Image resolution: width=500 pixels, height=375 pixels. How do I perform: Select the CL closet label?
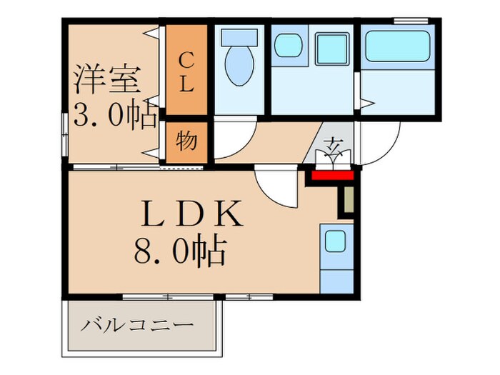(186, 71)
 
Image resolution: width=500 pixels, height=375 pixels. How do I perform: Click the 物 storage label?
(186, 141)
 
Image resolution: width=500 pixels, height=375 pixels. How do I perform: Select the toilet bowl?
(239, 60)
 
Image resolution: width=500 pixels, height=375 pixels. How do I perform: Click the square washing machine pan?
(331, 49)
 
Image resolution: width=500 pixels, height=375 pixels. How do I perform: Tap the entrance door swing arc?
(379, 146)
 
